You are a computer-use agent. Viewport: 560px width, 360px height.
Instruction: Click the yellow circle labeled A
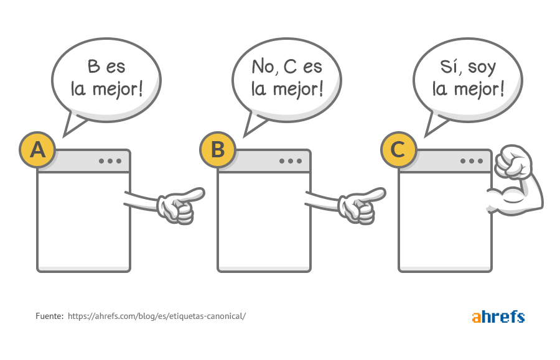[x=37, y=149]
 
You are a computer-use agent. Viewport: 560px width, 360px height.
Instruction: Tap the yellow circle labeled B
[x=218, y=149]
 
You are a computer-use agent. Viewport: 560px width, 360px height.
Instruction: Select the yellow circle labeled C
[x=399, y=149]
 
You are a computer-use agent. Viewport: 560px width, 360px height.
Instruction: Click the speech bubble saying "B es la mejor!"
[x=106, y=81]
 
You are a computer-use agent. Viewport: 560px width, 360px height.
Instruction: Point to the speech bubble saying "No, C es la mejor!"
[x=287, y=81]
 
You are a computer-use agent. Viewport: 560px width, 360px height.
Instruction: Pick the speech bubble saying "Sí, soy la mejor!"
[x=468, y=81]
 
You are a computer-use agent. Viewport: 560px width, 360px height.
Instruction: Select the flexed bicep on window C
[x=516, y=197]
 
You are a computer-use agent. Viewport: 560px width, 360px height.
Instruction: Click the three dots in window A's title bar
[x=110, y=161]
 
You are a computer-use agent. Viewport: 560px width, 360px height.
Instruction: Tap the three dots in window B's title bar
[x=291, y=161]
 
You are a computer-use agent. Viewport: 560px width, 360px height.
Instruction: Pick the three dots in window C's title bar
[x=472, y=161]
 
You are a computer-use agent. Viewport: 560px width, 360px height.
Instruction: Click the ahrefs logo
[x=498, y=316]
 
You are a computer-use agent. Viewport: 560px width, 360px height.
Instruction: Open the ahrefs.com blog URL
[x=157, y=316]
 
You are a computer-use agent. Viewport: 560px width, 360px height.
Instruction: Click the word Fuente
[x=49, y=316]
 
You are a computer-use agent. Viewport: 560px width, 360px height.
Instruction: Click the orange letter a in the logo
[x=477, y=317]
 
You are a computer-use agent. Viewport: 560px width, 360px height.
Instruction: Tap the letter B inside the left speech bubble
[x=93, y=67]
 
